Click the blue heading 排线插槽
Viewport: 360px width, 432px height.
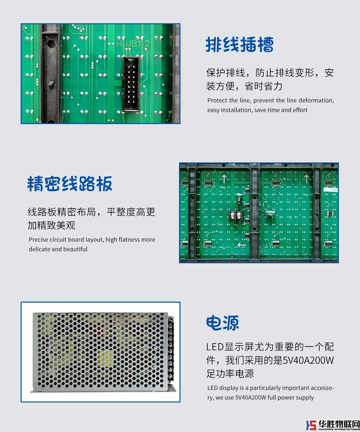240,44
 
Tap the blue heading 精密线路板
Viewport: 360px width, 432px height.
70,184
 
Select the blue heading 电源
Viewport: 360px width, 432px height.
223,323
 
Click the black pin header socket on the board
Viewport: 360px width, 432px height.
131,84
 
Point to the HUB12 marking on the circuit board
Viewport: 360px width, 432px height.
133,44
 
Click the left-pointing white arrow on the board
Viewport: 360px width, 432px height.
242,245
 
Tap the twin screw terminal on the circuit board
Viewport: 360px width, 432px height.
236,216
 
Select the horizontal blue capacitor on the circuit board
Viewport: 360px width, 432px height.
270,213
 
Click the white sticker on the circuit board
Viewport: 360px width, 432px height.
331,190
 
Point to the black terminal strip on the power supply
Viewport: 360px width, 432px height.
171,350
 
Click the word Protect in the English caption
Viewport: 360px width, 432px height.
217,100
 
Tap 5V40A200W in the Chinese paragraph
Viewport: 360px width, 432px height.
308,361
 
